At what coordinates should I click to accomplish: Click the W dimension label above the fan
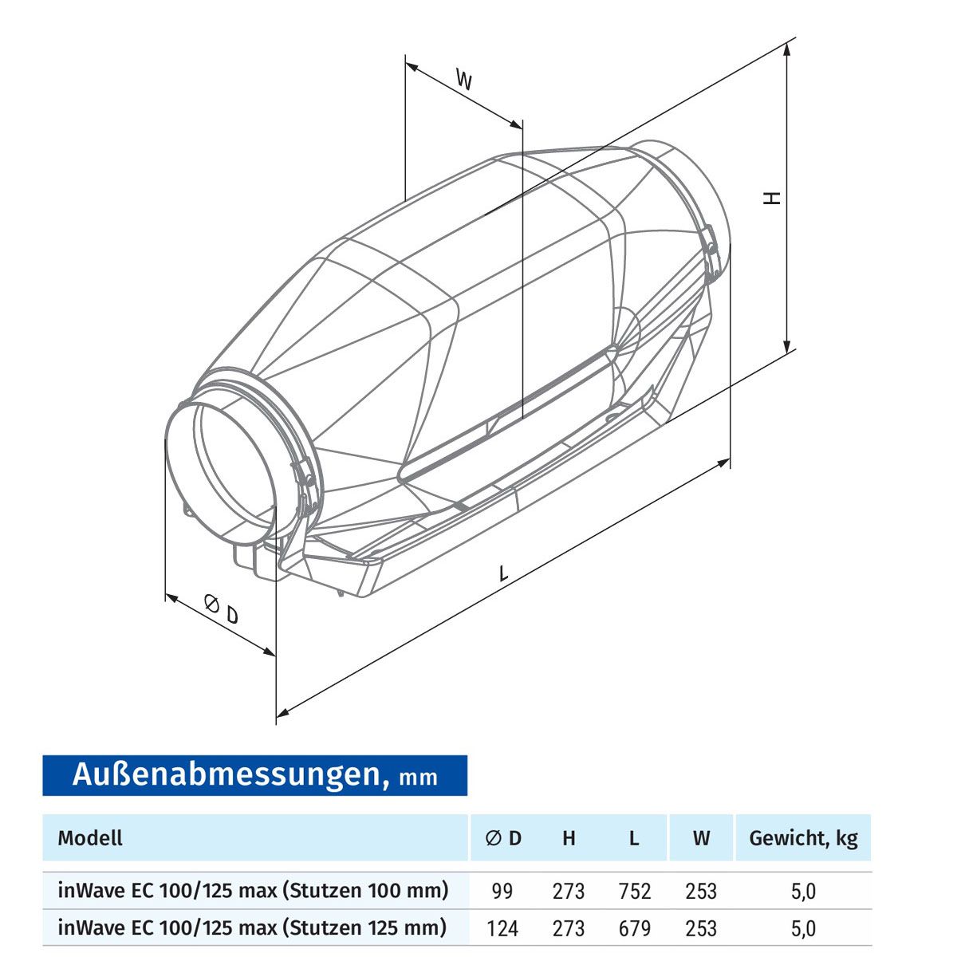463,80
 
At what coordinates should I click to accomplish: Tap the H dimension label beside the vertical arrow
771,198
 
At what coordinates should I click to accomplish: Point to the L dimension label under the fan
503,573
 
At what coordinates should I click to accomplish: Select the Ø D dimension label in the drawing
222,609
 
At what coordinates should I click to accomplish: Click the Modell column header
90,838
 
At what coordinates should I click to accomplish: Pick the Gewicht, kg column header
803,838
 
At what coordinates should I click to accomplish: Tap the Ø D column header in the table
503,838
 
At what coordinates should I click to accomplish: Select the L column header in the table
634,838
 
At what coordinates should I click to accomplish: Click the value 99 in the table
502,891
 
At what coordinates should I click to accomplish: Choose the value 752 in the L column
635,891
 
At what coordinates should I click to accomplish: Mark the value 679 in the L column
635,928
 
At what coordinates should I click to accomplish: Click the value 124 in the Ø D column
502,928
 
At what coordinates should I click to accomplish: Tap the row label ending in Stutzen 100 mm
254,890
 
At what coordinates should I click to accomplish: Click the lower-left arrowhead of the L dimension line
282,713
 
